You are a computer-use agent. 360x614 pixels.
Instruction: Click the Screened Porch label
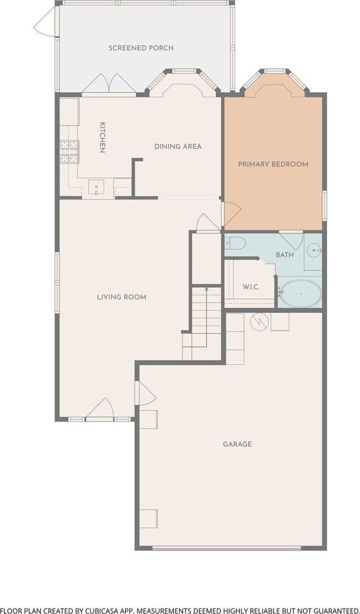(141, 48)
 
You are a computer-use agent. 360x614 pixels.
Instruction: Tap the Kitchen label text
(102, 137)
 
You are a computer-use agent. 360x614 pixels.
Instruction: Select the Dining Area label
(178, 147)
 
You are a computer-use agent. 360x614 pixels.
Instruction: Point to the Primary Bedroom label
(273, 164)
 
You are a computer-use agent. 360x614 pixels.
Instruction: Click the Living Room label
(122, 297)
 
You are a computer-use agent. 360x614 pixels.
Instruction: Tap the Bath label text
(285, 255)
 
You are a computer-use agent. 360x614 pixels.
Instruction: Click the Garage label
(237, 444)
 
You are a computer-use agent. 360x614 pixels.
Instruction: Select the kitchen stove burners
(69, 151)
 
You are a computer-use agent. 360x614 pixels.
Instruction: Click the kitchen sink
(96, 187)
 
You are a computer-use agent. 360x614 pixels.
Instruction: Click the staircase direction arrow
(206, 317)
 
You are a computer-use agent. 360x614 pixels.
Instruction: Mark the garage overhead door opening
(228, 548)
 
